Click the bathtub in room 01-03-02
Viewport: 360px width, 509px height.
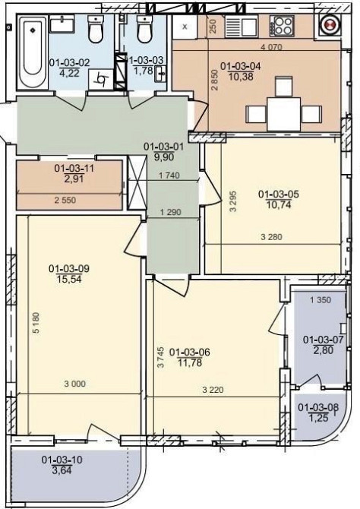(x=33, y=52)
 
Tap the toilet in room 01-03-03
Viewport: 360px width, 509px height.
(x=144, y=29)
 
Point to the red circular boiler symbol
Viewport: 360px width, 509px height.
(x=330, y=25)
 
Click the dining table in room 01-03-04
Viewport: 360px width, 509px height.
(x=283, y=114)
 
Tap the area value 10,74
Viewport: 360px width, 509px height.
(x=279, y=205)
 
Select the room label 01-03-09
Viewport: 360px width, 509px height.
(x=69, y=268)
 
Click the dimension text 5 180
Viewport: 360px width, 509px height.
(x=36, y=322)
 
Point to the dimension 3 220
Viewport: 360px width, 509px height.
(x=213, y=390)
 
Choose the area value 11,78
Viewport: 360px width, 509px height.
(x=190, y=362)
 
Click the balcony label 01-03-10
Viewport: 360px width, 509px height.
(x=62, y=460)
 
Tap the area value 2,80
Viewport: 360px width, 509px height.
(x=324, y=350)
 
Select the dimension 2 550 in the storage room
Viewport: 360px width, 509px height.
(x=65, y=200)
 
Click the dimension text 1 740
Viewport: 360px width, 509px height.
(x=169, y=175)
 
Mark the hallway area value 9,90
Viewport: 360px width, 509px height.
(x=164, y=157)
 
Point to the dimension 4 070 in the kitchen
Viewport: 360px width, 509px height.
(x=271, y=47)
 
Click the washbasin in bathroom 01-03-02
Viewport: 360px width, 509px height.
(x=62, y=24)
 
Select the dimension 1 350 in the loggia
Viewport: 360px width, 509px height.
(x=321, y=299)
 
